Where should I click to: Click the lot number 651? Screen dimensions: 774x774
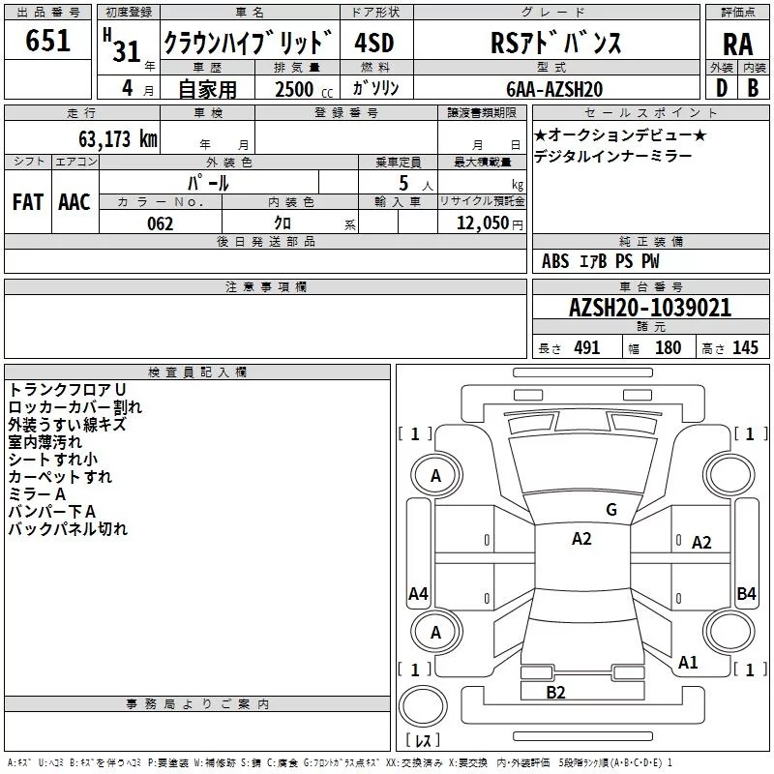tap(48, 41)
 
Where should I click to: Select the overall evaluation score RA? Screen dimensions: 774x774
tap(737, 44)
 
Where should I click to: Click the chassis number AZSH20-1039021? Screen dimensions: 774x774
tap(649, 308)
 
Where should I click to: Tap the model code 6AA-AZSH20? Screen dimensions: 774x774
tap(554, 89)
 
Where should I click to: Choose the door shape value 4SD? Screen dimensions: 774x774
tap(375, 43)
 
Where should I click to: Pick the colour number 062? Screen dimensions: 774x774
tap(160, 223)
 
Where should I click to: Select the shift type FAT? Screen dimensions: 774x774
tap(28, 201)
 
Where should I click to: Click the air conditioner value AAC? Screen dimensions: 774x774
tap(74, 201)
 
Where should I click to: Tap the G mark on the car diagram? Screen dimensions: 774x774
tap(610, 510)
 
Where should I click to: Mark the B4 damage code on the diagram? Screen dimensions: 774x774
tap(746, 594)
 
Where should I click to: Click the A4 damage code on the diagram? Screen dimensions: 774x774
tap(418, 594)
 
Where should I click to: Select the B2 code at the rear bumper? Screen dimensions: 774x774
tap(555, 692)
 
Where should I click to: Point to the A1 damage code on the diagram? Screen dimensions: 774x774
tap(688, 663)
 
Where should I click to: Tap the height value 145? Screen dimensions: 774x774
tap(745, 348)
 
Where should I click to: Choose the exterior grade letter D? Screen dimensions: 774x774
tap(721, 89)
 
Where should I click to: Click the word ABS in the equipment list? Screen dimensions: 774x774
tap(555, 261)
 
